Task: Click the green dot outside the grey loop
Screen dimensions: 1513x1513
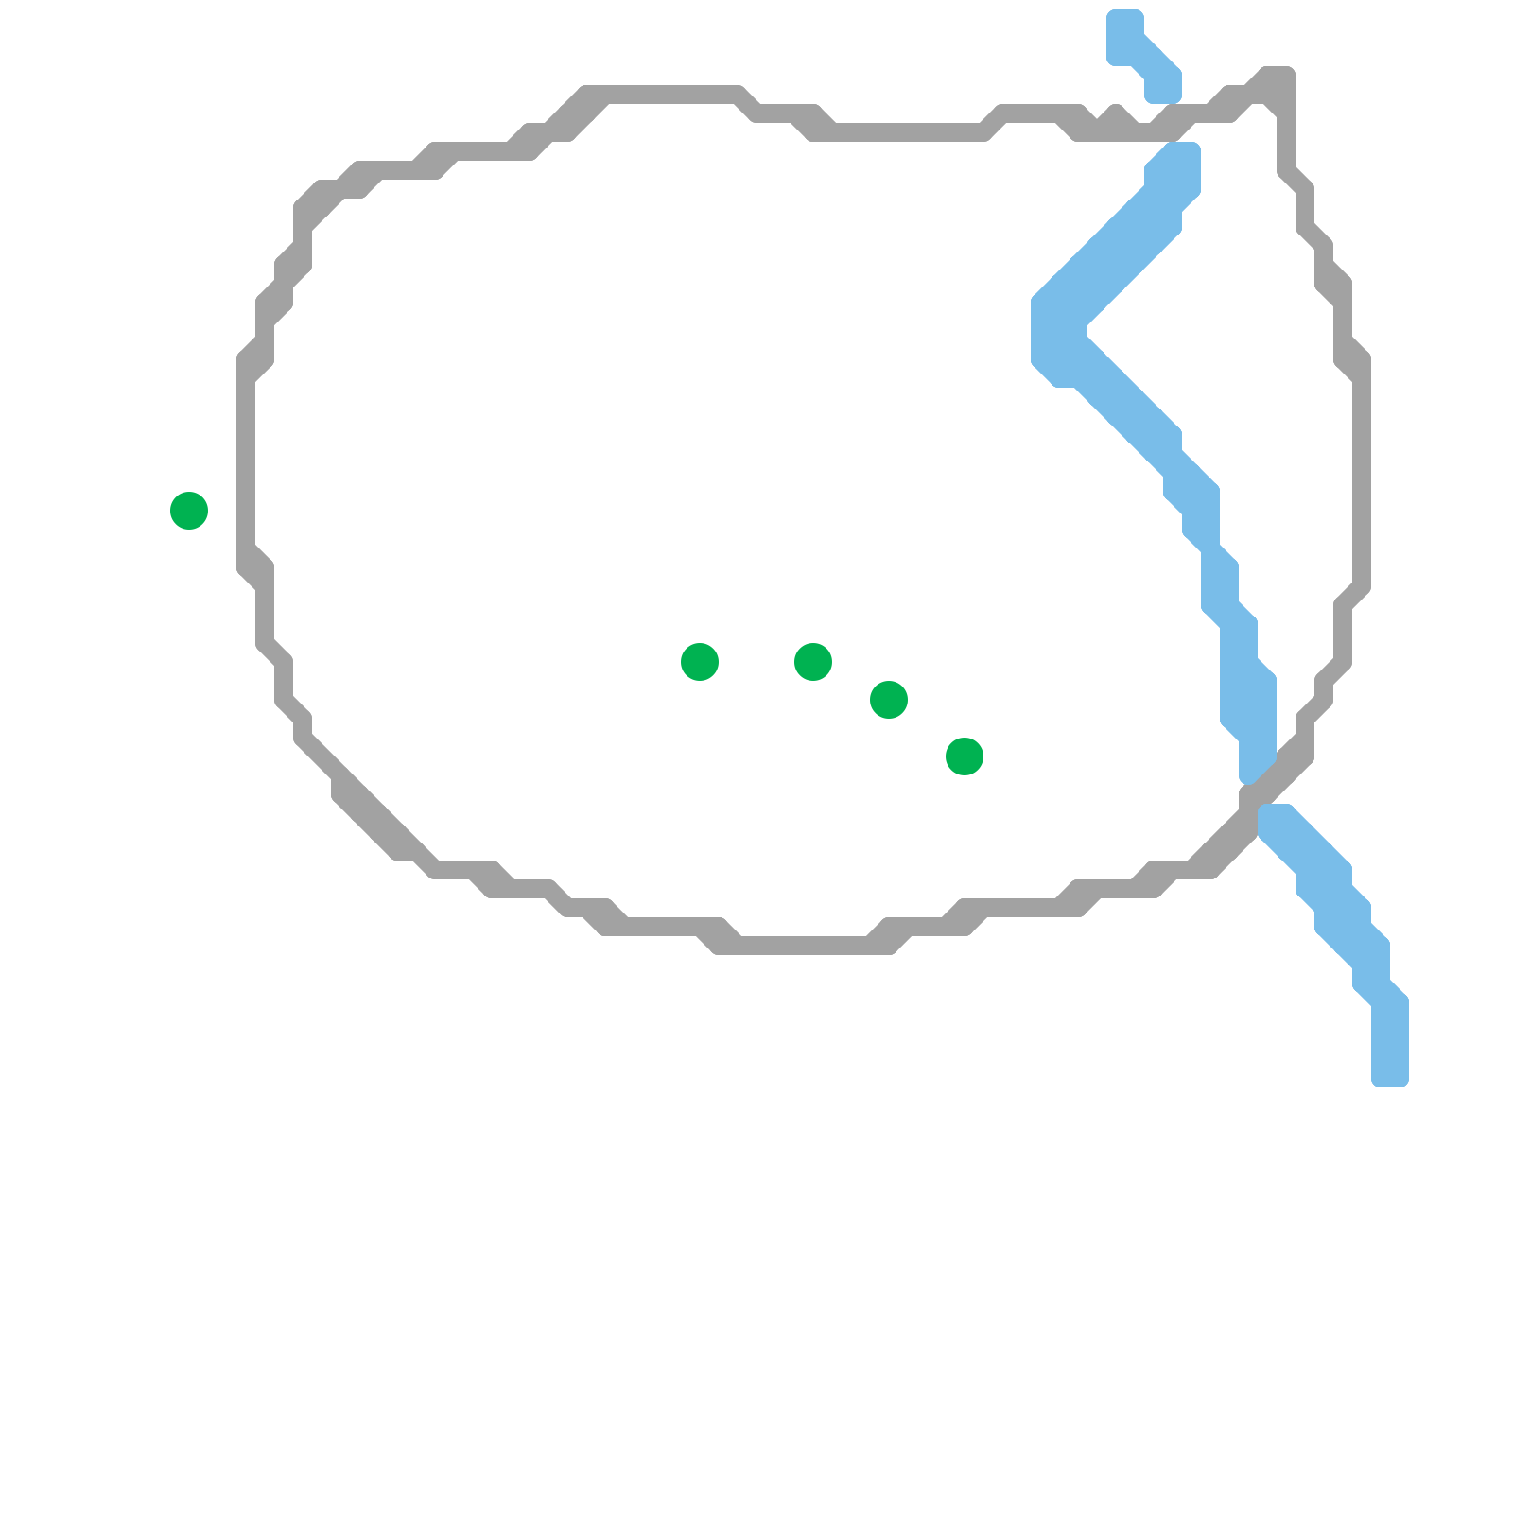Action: [x=189, y=511]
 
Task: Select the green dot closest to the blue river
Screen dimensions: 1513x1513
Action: [x=965, y=756]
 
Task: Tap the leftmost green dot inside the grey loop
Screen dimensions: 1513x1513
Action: [x=700, y=662]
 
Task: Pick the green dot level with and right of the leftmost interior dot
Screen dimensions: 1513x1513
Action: [x=813, y=662]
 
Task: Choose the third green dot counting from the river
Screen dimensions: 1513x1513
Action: [x=813, y=662]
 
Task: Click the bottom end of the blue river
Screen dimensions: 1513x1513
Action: [x=1390, y=1073]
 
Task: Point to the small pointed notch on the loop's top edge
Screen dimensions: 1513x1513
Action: [x=1116, y=115]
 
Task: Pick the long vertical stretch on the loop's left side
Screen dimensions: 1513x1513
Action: [x=247, y=463]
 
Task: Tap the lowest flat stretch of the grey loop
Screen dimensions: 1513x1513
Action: [x=804, y=945]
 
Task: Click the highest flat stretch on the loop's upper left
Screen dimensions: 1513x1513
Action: [x=662, y=95]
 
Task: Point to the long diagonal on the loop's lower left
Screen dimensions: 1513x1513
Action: [x=369, y=804]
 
